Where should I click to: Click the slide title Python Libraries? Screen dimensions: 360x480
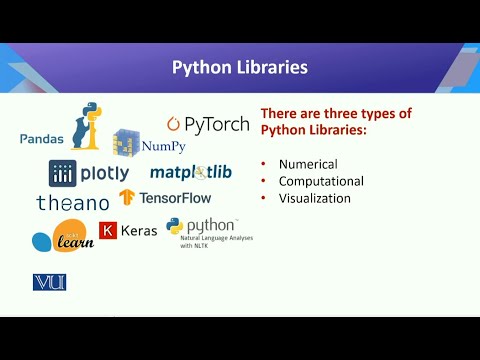(240, 67)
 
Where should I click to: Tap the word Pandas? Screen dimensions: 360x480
(41, 138)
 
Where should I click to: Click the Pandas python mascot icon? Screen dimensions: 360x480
(90, 124)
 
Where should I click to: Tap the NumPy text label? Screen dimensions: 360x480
(164, 146)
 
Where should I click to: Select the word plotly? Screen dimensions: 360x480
(105, 173)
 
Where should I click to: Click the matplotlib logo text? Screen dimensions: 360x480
(191, 172)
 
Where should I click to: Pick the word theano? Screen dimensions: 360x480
(72, 202)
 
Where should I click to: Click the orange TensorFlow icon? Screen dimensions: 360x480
(127, 197)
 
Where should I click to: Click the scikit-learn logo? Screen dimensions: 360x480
(63, 238)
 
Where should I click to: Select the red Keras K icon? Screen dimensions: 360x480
(108, 231)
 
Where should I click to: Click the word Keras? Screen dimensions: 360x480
(139, 231)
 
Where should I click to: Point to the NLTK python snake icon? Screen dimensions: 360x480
(175, 227)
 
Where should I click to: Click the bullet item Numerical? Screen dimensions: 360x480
(308, 164)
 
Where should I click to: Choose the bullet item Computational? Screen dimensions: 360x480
(321, 181)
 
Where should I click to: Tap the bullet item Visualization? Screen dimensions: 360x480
(314, 198)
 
